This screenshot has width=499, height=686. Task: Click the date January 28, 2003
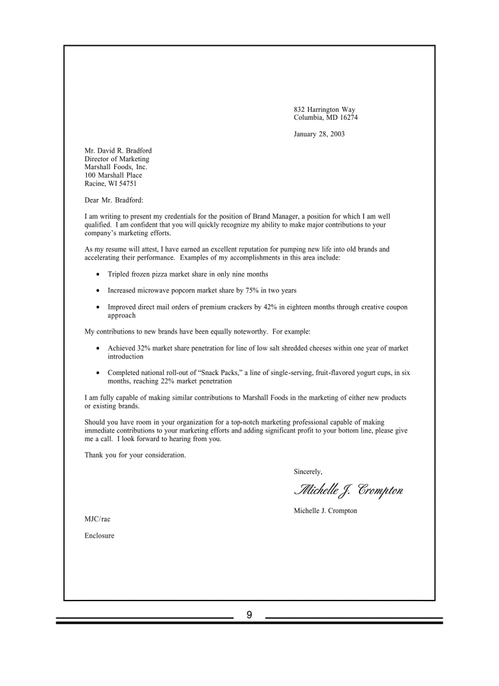pos(319,134)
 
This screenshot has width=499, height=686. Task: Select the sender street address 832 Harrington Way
pos(324,110)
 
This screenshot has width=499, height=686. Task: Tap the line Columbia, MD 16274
pos(325,118)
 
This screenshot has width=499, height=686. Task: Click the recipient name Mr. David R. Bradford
pos(118,151)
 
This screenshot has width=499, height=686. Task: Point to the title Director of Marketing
pos(116,159)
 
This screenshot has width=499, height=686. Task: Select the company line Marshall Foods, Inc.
pos(116,167)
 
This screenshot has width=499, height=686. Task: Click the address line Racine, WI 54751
pos(110,183)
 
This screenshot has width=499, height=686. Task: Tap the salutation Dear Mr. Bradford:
pos(114,200)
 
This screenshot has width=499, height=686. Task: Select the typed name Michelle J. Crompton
pos(325,511)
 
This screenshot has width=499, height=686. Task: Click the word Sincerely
pos(308,472)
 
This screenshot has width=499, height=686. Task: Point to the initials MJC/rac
pos(97,519)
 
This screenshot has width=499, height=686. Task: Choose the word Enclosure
pos(99,536)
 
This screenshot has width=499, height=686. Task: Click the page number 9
pos(250,615)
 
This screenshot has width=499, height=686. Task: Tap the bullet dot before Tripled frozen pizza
pos(98,275)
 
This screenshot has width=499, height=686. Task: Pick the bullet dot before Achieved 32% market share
pos(98,349)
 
